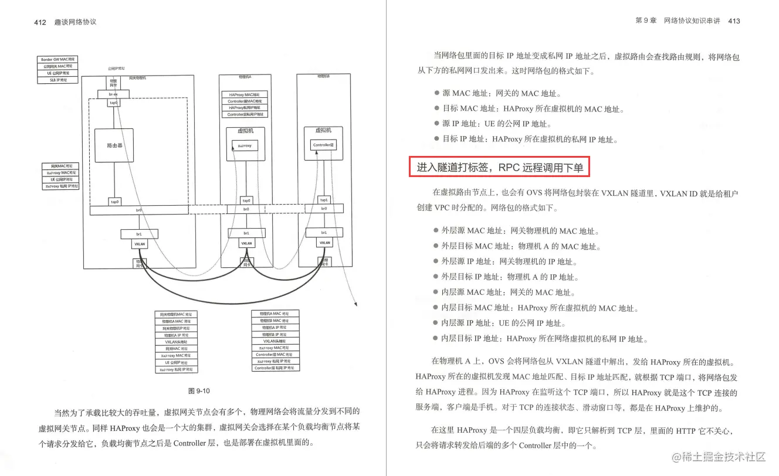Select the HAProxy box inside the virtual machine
pyautogui.click(x=245, y=145)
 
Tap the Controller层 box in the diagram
pyautogui.click(x=323, y=144)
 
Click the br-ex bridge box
pyautogui.click(x=114, y=94)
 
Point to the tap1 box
pyautogui.click(x=323, y=199)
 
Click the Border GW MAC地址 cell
pyautogui.click(x=57, y=59)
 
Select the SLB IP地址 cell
pyautogui.click(x=57, y=80)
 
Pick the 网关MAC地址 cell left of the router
pyautogui.click(x=60, y=166)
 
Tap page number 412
pyautogui.click(x=40, y=22)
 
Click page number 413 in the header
pyautogui.click(x=733, y=21)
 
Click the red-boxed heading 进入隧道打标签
pyautogui.click(x=500, y=168)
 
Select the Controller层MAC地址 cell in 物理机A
pyautogui.click(x=245, y=101)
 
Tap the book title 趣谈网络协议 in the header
pyautogui.click(x=74, y=22)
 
